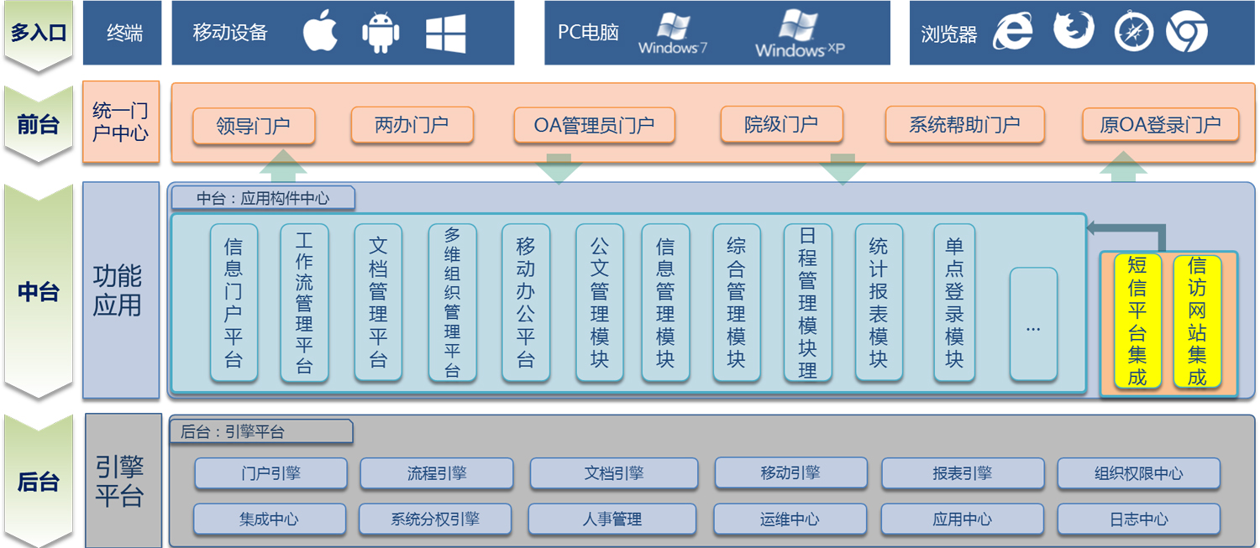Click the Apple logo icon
coord(321,31)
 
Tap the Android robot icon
coord(381,33)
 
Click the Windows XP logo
coord(800,34)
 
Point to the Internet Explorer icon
coord(1012,32)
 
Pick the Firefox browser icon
coord(1074,30)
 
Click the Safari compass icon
coord(1134,32)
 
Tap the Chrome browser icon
coord(1187,32)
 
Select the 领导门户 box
coord(254,126)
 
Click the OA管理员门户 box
coord(594,125)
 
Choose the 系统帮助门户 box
coord(964,125)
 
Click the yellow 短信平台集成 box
coord(1137,321)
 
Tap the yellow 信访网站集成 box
coord(1197,321)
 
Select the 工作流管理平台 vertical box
coord(304,303)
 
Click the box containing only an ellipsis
coord(1033,324)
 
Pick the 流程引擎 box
coord(437,473)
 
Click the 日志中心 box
coord(1138,519)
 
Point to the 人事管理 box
coord(612,519)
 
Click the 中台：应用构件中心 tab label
coord(263,198)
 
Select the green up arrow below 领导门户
coord(283,165)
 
